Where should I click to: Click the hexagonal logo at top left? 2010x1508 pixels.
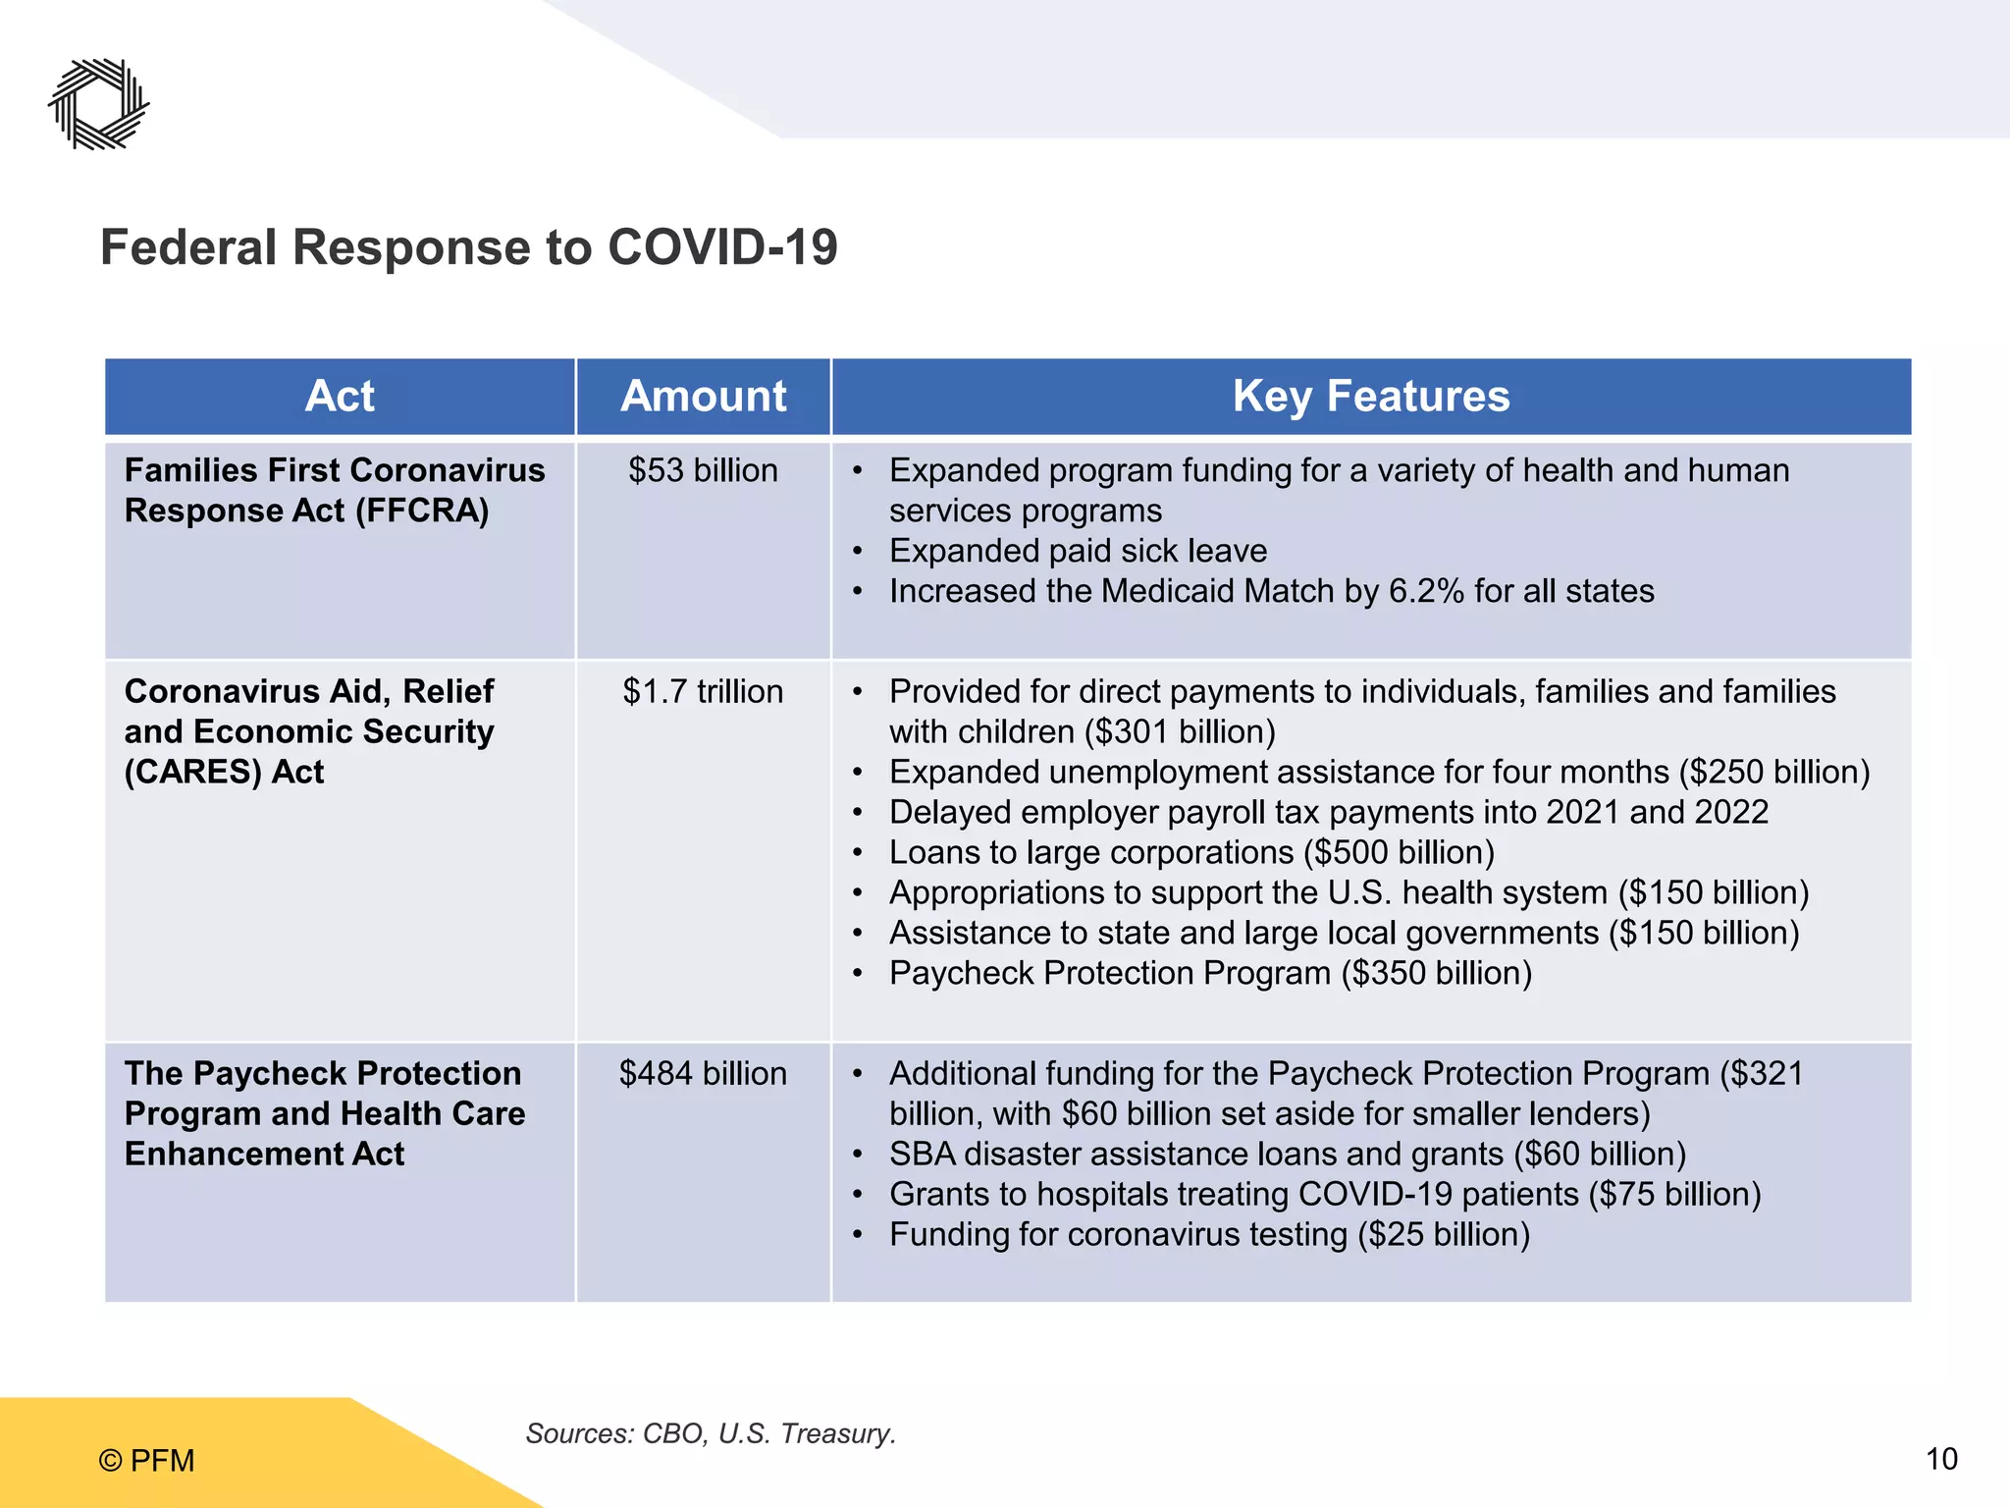click(99, 104)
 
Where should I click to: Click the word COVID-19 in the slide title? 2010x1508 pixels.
click(722, 247)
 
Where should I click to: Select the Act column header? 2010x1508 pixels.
click(340, 397)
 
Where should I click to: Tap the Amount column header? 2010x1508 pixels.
click(703, 397)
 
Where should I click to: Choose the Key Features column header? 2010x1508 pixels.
click(1371, 397)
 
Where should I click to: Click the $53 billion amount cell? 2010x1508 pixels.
click(703, 471)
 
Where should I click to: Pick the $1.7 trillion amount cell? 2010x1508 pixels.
click(703, 692)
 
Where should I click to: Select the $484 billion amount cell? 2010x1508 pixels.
click(703, 1074)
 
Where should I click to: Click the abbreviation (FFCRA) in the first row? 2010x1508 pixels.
click(422, 512)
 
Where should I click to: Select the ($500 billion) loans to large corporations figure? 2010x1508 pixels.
click(1400, 853)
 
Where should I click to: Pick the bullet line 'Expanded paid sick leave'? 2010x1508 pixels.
click(1078, 552)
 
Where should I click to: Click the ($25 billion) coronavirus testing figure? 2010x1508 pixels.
click(1444, 1235)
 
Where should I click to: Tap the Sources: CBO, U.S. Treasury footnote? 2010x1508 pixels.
click(711, 1434)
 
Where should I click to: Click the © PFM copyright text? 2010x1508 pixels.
click(147, 1461)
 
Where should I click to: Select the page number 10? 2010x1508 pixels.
click(1941, 1460)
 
